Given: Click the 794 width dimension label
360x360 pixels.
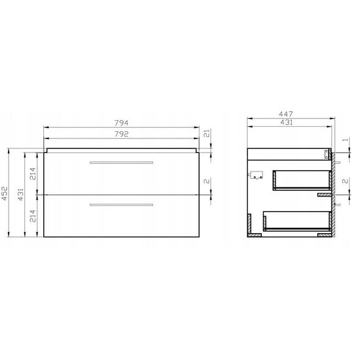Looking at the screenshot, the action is (x=121, y=123).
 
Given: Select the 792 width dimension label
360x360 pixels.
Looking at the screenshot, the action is (x=121, y=134).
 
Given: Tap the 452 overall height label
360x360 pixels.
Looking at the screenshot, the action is (x=5, y=193).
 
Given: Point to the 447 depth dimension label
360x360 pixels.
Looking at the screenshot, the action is (x=286, y=114).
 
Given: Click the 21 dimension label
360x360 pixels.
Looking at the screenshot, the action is (x=207, y=133).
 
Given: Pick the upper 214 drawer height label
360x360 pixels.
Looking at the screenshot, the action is (x=33, y=174).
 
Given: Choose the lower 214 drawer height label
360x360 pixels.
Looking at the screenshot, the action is (x=33, y=216).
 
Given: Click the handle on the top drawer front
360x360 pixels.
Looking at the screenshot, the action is (x=121, y=162).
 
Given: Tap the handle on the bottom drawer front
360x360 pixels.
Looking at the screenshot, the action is (x=121, y=205).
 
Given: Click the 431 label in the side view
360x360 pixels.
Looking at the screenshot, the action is (x=287, y=123).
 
